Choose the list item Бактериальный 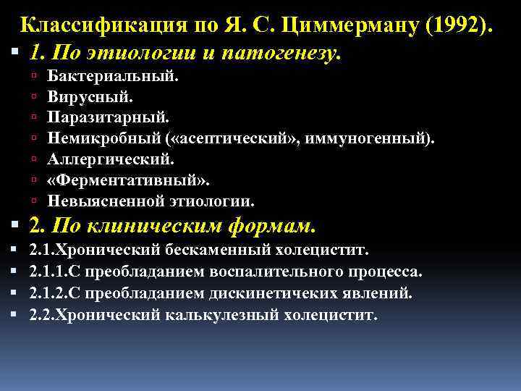coord(114,76)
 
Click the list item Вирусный coord(90,96)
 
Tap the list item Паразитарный coord(109,117)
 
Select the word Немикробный coord(96,138)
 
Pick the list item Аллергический coord(111,158)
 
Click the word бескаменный coord(219,251)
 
